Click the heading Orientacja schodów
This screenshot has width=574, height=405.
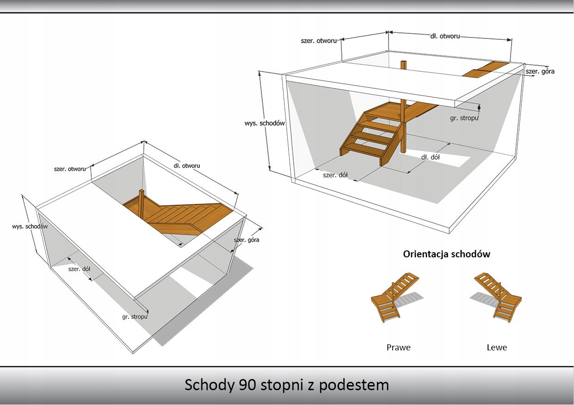[x=446, y=254]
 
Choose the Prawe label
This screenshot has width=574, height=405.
[x=398, y=347]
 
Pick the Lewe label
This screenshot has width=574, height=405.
[x=497, y=347]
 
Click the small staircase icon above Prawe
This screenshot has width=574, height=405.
[x=395, y=299]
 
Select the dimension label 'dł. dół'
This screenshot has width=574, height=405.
[x=430, y=157]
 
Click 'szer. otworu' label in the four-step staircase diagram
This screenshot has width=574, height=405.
[x=319, y=41]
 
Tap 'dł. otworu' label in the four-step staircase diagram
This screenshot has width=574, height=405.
[x=445, y=36]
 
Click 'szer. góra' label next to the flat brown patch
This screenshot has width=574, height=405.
[x=540, y=71]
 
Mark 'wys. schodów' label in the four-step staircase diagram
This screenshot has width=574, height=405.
[x=264, y=123]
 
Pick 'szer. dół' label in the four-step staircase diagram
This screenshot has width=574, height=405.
[x=335, y=175]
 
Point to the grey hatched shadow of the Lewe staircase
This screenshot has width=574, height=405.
[x=481, y=297]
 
